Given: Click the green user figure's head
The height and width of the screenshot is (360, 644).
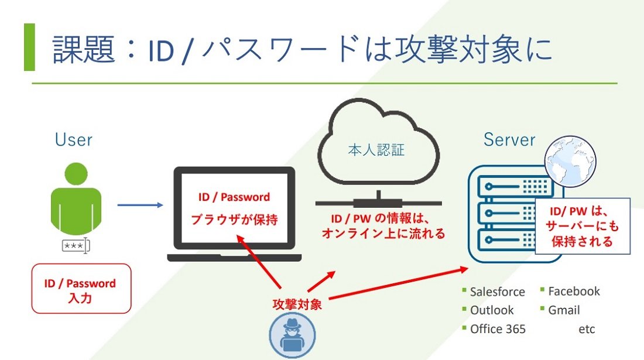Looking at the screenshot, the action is tap(76, 174).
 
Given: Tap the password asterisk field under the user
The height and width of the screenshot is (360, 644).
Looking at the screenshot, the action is tap(76, 245).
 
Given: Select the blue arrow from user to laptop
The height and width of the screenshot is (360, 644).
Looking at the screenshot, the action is tap(140, 205).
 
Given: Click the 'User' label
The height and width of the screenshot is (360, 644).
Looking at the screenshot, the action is tap(74, 139).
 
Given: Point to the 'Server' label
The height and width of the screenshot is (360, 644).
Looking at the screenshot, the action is tap(509, 139).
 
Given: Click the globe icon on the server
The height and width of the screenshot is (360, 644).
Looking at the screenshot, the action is tap(570, 162).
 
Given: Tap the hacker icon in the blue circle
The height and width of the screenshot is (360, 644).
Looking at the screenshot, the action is tap(292, 335).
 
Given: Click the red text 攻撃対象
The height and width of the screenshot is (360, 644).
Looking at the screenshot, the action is tap(297, 304).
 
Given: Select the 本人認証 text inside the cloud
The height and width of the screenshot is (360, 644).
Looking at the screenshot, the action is tap(376, 150).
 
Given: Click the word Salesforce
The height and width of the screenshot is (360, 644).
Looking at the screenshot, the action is tap(498, 292).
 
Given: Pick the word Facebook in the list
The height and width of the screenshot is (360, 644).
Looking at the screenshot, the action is tap(574, 291).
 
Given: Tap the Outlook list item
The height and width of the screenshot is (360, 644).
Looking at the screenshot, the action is tap(492, 310).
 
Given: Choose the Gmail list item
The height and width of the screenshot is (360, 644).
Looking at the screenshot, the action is tap(564, 310).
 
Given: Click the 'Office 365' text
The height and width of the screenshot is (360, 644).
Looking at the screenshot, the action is tap(498, 329).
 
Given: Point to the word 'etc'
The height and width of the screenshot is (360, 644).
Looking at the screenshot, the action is tap(587, 329).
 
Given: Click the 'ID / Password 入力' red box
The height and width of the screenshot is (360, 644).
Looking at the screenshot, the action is tap(81, 289).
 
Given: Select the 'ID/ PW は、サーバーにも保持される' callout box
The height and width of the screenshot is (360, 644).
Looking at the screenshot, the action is tap(583, 226).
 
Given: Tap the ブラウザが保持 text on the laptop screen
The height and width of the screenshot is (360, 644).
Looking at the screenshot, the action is tap(234, 220).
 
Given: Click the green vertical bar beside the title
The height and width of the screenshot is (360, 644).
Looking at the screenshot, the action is tap(30, 47).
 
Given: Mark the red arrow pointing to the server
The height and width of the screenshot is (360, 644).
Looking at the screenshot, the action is tap(398, 283).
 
